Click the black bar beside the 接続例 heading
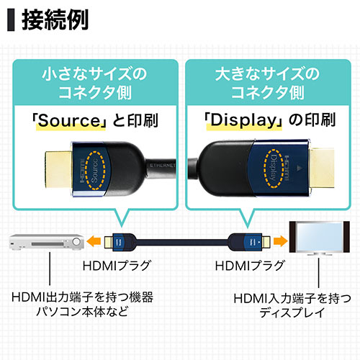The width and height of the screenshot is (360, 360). point(11,19)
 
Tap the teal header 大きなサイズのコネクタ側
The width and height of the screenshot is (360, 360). point(267,85)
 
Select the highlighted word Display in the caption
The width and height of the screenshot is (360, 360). point(243,120)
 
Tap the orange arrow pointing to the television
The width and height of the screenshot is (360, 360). point(277,240)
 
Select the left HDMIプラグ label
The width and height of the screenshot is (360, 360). point(115,266)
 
